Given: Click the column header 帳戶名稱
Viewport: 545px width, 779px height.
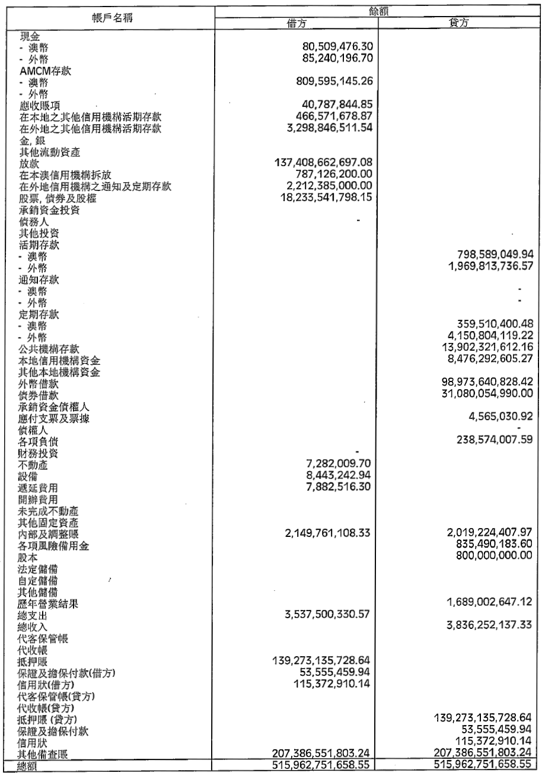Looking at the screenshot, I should coord(111,16).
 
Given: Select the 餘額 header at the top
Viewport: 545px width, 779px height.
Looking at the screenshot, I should coord(377,9).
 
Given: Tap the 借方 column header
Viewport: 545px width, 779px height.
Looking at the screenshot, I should coord(295,24).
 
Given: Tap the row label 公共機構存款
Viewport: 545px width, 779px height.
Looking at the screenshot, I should coord(49,348).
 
